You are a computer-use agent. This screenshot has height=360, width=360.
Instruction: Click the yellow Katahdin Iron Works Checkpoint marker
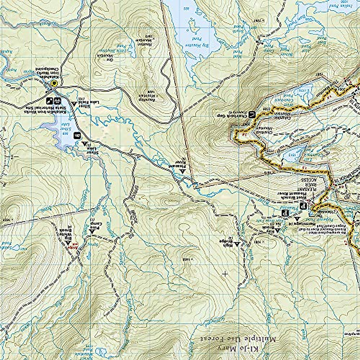pos(54,83)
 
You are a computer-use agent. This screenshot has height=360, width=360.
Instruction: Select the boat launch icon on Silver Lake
pos(77,136)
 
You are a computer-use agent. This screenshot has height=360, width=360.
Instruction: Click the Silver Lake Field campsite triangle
pos(74,103)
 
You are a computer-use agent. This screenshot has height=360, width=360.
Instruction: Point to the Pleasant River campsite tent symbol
pos(182,171)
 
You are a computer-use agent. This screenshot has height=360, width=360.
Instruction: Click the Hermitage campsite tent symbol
pos(298,219)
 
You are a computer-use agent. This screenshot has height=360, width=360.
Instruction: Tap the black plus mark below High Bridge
pos(225,274)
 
